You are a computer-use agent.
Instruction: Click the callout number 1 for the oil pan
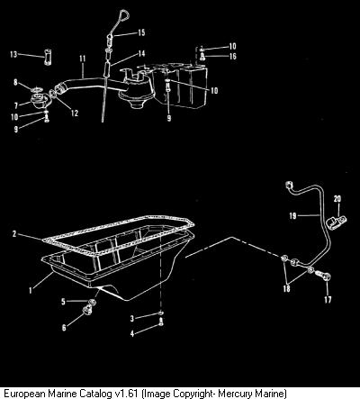(30, 290)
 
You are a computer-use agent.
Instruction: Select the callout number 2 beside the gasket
(14, 233)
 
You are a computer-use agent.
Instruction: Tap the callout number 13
(13, 54)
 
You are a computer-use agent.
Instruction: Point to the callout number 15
(141, 32)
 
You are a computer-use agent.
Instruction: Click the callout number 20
(337, 199)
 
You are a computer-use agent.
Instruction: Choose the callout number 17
(328, 299)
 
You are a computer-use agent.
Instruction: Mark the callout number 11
(83, 59)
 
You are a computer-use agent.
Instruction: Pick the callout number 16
(233, 56)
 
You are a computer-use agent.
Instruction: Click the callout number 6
(64, 328)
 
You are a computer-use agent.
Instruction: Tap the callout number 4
(132, 333)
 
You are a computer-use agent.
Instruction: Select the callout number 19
(292, 215)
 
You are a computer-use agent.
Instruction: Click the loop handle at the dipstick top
(123, 15)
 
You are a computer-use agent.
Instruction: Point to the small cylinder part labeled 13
(48, 57)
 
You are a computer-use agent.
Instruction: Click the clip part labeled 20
(337, 222)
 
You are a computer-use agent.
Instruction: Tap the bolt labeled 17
(323, 276)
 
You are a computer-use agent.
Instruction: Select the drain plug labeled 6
(88, 309)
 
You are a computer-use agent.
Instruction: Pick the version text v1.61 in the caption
(127, 393)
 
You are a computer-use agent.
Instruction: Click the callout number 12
(75, 113)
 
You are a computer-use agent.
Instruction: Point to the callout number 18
(286, 288)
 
